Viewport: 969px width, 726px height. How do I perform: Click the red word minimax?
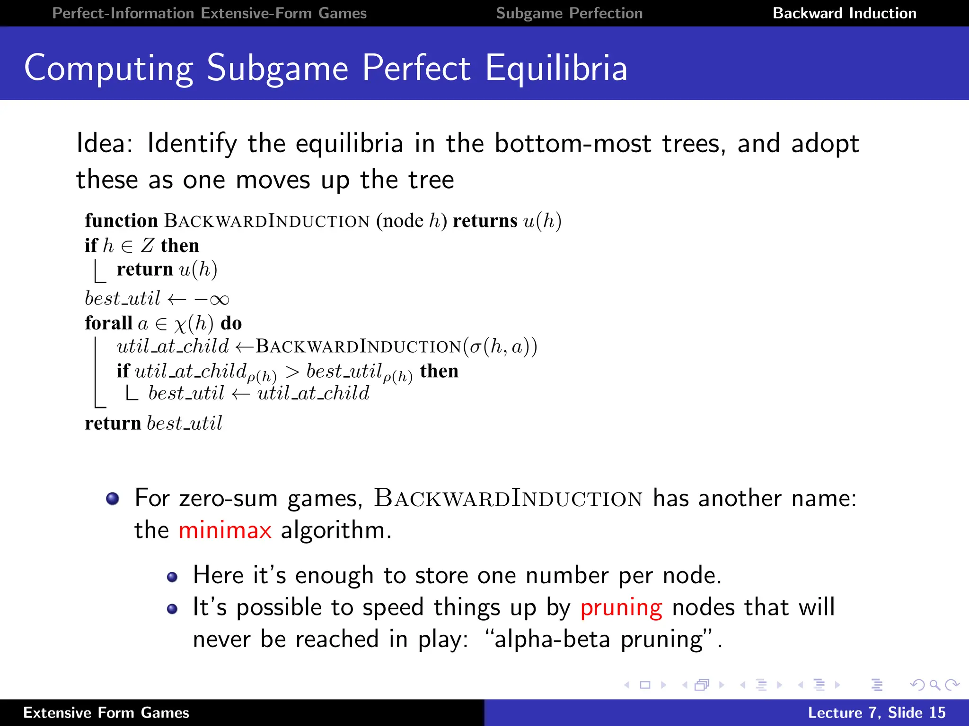pos(225,530)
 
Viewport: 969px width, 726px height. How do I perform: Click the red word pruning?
pos(621,608)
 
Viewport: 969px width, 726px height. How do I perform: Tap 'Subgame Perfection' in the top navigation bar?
pos(569,13)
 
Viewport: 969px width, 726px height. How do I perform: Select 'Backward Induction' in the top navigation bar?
pos(845,13)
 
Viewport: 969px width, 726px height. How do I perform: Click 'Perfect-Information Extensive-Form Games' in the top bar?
pos(209,13)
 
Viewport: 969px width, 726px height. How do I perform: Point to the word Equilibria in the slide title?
pos(556,68)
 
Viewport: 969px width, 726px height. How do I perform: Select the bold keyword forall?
pos(108,323)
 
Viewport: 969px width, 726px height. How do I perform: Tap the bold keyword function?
pos(121,221)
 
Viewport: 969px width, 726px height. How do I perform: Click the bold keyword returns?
pos(485,221)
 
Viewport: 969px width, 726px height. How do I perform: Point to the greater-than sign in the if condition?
pos(292,372)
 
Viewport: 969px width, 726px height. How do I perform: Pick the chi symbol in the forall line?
pos(180,325)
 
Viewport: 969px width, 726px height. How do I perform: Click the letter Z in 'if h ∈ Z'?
pos(148,246)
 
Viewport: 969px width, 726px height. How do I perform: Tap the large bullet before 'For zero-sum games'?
pos(113,499)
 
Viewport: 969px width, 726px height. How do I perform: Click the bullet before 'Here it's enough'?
pos(172,577)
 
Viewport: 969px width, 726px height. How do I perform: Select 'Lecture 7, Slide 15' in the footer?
pos(876,713)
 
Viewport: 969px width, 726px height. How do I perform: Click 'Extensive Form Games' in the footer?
pos(106,713)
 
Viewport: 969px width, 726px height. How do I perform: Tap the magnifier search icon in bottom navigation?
pos(934,685)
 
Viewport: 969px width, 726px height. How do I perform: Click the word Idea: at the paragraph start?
pos(105,143)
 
